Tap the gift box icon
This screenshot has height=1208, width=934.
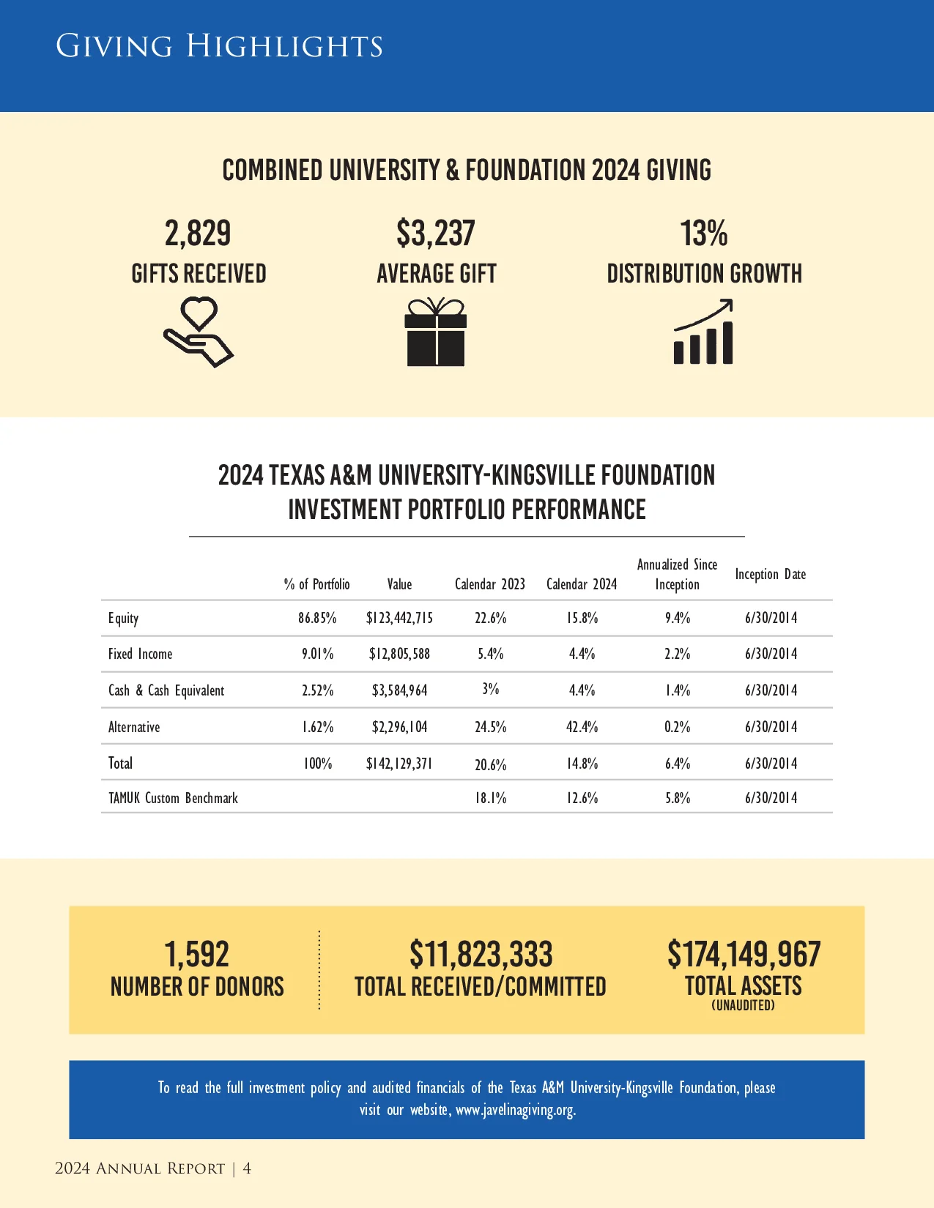(x=436, y=332)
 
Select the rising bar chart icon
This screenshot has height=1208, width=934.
(x=704, y=332)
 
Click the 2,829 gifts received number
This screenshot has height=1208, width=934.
(x=198, y=234)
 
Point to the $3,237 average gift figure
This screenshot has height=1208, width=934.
(x=436, y=234)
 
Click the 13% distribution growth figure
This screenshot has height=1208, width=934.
(x=704, y=234)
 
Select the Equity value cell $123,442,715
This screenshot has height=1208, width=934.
(x=399, y=618)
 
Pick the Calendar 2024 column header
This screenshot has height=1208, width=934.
(x=582, y=584)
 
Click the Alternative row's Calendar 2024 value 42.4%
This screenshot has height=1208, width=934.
(x=582, y=727)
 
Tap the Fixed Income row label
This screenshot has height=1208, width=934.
(x=141, y=654)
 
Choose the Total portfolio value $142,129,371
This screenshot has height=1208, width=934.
(x=399, y=764)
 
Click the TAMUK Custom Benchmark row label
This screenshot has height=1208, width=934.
(x=174, y=798)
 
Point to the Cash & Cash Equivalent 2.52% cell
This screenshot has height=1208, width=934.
(x=318, y=690)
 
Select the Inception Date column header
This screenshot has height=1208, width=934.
(x=771, y=575)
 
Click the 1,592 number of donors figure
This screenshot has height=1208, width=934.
(x=197, y=955)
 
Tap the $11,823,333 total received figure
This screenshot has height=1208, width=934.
(x=481, y=955)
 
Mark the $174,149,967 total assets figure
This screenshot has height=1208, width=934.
(x=744, y=955)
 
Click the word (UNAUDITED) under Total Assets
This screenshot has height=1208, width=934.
(x=743, y=1006)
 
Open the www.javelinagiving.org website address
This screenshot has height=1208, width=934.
(x=516, y=1110)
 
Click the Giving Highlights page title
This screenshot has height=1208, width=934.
(x=219, y=46)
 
